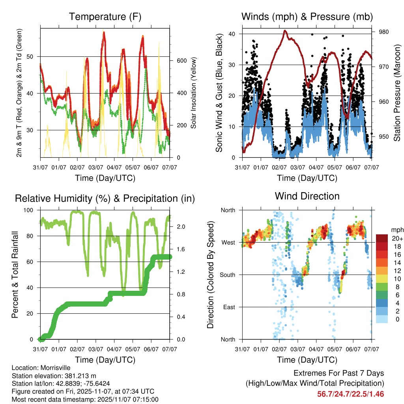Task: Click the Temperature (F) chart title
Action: [105, 17]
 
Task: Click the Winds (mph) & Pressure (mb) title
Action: [307, 17]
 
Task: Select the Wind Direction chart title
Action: [307, 196]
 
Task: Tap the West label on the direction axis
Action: [228, 242]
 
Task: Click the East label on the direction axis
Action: [228, 307]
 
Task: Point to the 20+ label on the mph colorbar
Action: [397, 238]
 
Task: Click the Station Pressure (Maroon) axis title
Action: [397, 93]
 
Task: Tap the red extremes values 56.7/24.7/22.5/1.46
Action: [350, 394]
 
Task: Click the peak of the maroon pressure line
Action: [285, 30]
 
